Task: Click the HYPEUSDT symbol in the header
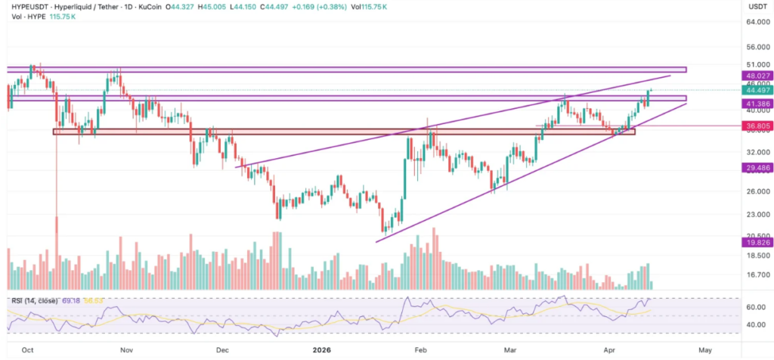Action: tap(26, 6)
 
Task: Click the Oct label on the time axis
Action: tap(28, 350)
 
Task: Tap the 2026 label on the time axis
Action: tap(321, 350)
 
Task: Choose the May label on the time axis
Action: tap(705, 350)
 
